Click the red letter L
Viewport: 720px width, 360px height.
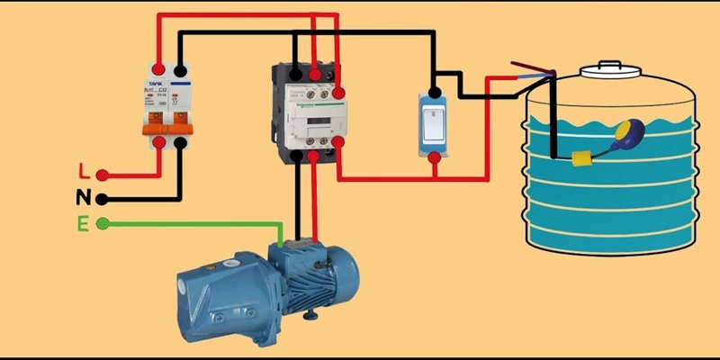[84, 171]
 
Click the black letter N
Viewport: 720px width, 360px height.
[84, 197]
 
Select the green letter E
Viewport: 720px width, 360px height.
[83, 223]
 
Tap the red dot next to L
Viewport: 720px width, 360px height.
[103, 175]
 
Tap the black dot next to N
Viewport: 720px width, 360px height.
[103, 199]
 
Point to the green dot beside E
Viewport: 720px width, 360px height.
[103, 223]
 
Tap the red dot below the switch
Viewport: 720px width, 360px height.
[434, 159]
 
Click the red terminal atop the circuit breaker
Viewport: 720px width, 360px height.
[159, 69]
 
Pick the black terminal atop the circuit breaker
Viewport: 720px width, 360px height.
[181, 69]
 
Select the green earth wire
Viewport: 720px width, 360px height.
[198, 223]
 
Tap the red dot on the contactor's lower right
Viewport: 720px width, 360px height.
[339, 141]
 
